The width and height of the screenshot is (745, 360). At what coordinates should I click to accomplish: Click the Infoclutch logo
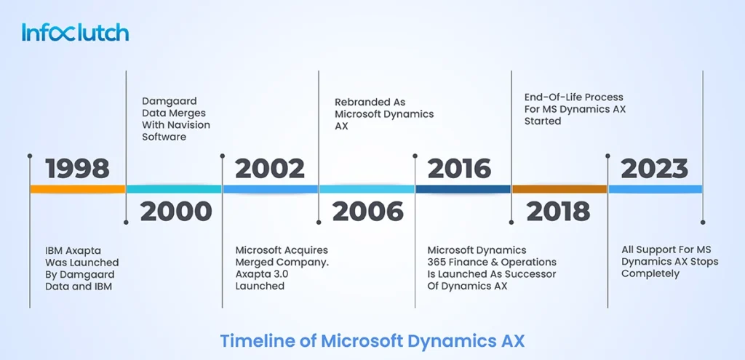tap(75, 32)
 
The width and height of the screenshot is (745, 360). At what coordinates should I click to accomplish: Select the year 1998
tap(77, 169)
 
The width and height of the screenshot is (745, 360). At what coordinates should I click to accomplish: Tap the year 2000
tap(176, 212)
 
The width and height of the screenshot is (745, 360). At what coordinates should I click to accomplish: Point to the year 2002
tap(270, 169)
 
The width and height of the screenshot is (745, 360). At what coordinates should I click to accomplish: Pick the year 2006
tap(367, 212)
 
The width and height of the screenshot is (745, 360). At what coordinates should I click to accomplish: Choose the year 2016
tap(460, 169)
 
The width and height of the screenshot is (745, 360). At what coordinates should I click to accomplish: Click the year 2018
tap(558, 212)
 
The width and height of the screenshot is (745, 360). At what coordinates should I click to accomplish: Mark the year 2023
tap(654, 169)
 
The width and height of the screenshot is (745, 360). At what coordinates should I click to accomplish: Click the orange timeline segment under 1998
tap(78, 189)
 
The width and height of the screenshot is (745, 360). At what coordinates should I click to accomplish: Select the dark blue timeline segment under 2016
tap(463, 189)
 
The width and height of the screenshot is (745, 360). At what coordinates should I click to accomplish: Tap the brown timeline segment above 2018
tap(559, 189)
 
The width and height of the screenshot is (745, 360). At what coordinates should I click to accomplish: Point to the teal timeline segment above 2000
tap(174, 189)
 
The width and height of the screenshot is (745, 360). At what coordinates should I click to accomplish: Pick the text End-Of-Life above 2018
tap(550, 97)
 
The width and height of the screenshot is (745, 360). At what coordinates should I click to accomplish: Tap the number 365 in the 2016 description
tap(437, 262)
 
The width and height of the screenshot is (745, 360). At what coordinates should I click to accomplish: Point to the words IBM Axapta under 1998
tap(73, 251)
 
